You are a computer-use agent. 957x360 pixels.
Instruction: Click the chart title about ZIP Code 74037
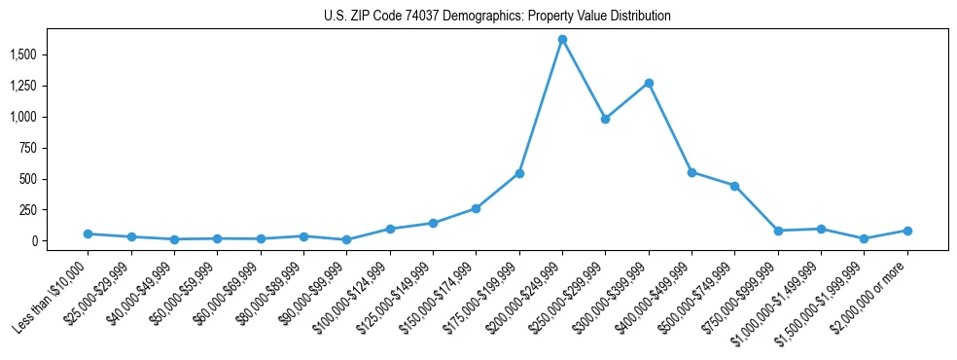pos(497,17)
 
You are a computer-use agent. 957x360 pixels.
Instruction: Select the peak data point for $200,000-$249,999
pos(562,40)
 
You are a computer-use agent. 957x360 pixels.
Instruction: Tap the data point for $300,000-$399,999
pos(649,84)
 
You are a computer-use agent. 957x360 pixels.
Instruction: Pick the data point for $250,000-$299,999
pos(605,119)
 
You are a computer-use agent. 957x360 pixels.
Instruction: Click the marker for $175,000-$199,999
pos(519,173)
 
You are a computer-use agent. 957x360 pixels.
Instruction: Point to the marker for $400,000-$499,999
pos(691,172)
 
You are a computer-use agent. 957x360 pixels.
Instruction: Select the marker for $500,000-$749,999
pos(734,186)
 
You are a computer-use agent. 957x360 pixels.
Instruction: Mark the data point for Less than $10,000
pos(88,234)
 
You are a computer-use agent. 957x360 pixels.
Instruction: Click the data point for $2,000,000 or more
pos(907,231)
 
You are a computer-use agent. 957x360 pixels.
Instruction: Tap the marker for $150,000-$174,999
pos(476,208)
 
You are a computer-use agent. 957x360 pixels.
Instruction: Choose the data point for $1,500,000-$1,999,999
pos(864,238)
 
